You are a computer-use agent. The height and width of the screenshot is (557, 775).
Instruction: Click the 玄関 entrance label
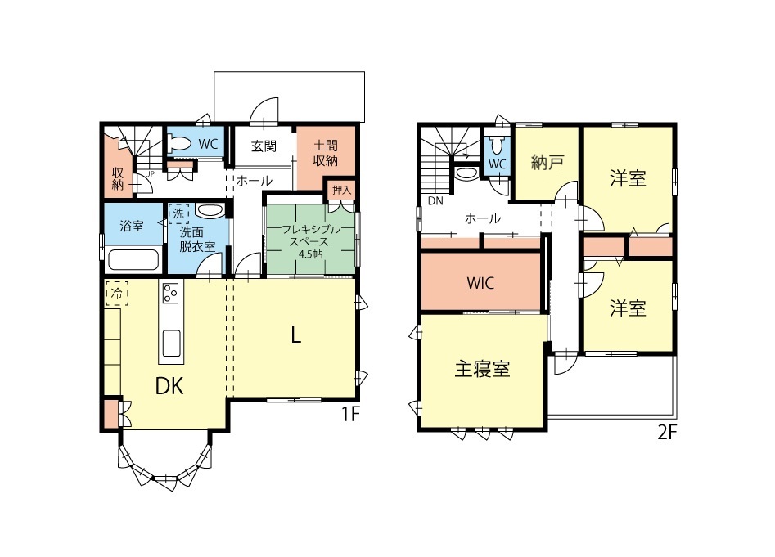click(x=264, y=146)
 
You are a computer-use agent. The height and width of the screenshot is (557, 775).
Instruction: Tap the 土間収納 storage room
click(x=325, y=157)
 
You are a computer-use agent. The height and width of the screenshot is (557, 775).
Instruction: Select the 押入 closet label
click(x=341, y=190)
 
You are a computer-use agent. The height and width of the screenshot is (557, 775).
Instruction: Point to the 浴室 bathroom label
click(x=132, y=226)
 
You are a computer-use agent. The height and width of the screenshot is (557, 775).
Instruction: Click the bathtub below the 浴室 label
click(x=133, y=260)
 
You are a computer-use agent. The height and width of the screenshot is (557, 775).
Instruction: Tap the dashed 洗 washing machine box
click(x=178, y=213)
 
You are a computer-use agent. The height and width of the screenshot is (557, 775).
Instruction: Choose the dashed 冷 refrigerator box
click(x=117, y=294)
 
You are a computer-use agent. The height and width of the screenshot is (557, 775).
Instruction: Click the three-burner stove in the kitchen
click(x=170, y=293)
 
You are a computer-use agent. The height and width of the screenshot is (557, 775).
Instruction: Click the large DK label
click(x=169, y=386)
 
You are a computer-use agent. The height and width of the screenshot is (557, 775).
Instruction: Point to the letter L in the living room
click(x=295, y=336)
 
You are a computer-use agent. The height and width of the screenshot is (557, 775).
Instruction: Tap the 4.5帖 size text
click(x=310, y=254)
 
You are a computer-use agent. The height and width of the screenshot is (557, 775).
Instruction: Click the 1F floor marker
click(x=350, y=414)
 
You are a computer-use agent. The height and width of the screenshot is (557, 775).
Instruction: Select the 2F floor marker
click(x=666, y=433)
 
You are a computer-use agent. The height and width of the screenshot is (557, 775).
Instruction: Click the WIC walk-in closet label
click(x=480, y=283)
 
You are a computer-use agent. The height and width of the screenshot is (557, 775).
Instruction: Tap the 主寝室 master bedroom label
click(x=482, y=369)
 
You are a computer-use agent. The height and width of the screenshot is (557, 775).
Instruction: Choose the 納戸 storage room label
click(x=547, y=162)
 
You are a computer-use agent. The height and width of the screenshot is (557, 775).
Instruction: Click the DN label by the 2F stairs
click(x=435, y=201)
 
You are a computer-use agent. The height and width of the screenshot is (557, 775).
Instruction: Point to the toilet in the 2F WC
click(x=497, y=146)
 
